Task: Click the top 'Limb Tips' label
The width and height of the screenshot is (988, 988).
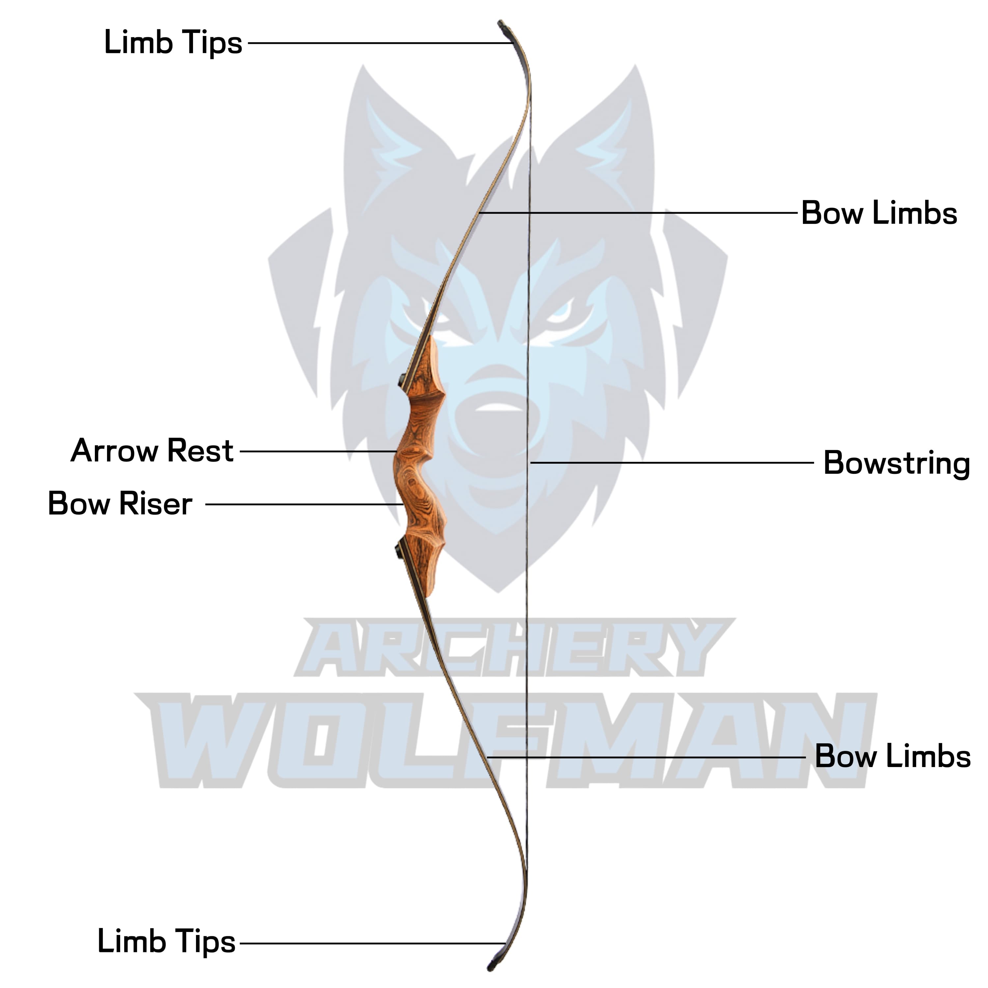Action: coord(173,42)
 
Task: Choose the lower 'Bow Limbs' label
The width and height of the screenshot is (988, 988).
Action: coord(892,756)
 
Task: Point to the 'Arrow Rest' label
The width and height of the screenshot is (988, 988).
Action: coord(152,451)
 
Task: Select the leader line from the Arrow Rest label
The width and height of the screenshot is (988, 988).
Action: coord(317,452)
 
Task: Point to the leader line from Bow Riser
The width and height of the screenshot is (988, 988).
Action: coord(304,504)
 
